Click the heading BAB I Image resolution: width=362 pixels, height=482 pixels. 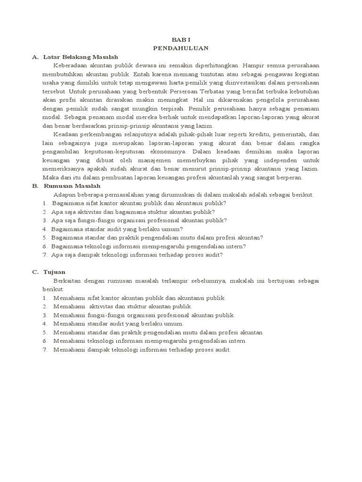[x=181, y=41]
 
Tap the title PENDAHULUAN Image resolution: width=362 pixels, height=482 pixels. [x=181, y=48]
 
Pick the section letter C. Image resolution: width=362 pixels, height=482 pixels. [x=35, y=272]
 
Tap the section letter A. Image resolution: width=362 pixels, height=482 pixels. [x=35, y=57]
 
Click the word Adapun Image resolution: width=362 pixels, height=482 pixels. [x=64, y=194]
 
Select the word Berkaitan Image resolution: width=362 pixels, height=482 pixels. [x=68, y=281]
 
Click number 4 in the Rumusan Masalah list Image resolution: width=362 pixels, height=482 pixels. [x=44, y=229]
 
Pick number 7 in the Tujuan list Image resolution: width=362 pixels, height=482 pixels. [x=44, y=350]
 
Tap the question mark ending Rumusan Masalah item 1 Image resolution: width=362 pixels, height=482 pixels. [x=225, y=203]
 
